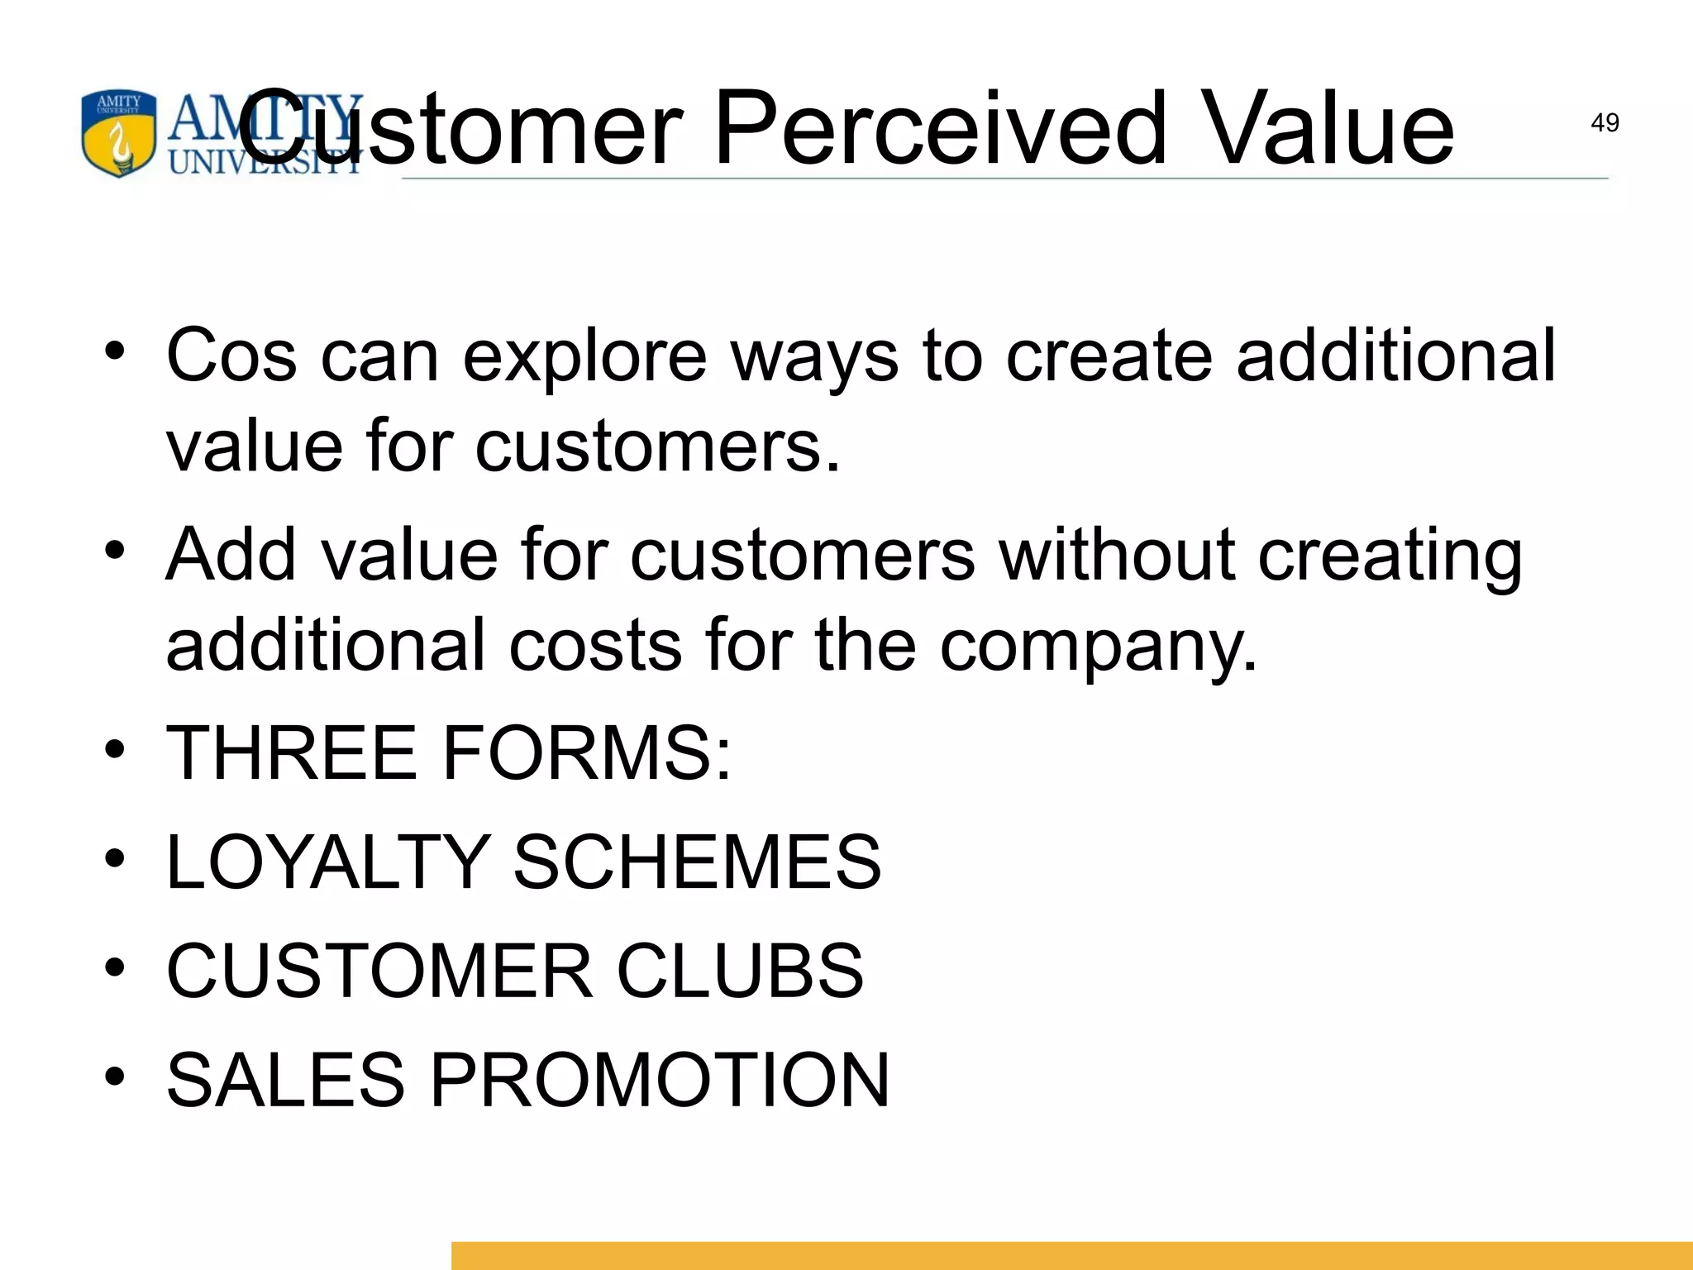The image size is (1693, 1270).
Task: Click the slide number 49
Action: (x=1604, y=123)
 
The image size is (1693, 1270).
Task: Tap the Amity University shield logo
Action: (x=118, y=133)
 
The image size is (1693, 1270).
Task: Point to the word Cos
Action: (x=231, y=356)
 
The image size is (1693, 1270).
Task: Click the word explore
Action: (x=584, y=357)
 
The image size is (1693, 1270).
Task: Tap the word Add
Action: (x=231, y=554)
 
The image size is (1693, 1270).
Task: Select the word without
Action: (x=1117, y=554)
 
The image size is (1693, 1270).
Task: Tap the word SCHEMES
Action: (x=697, y=862)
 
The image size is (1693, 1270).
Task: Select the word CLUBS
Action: (x=740, y=970)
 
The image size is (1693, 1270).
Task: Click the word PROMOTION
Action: (x=660, y=1079)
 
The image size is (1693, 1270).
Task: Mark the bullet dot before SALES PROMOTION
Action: (x=115, y=1077)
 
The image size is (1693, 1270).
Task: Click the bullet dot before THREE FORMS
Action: (x=115, y=750)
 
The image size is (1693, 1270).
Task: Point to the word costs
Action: (x=595, y=645)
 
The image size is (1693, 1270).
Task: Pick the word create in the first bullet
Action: (x=1109, y=356)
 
